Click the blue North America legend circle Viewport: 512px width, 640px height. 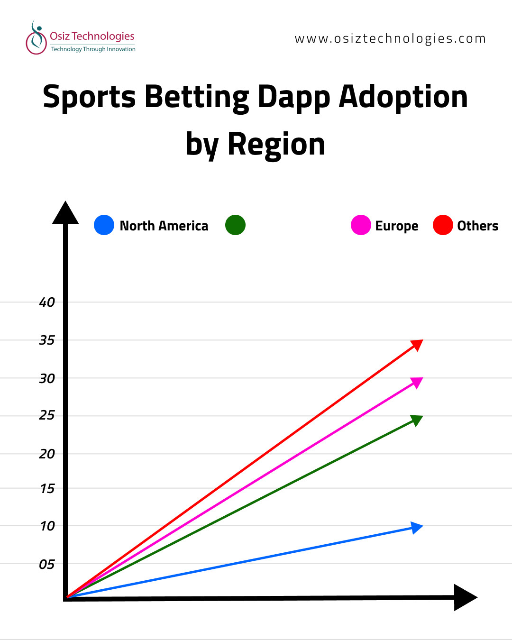pyautogui.click(x=104, y=225)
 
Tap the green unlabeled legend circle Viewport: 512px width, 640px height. pyautogui.click(x=236, y=225)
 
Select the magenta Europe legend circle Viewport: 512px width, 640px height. pyautogui.click(x=361, y=225)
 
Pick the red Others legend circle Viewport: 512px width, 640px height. pyautogui.click(x=443, y=225)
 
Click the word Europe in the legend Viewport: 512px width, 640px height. pyautogui.click(x=397, y=226)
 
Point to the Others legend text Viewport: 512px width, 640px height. pyautogui.click(x=477, y=226)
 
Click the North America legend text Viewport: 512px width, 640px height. pyautogui.click(x=164, y=226)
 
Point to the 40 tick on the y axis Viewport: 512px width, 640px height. pyautogui.click(x=47, y=302)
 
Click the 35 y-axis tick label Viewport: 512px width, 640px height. pyautogui.click(x=47, y=340)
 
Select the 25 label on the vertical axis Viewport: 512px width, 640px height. pyautogui.click(x=47, y=415)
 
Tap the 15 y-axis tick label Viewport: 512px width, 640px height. pyautogui.click(x=47, y=489)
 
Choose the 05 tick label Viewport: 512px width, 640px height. pyautogui.click(x=47, y=565)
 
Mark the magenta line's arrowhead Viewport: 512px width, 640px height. pyautogui.click(x=418, y=382)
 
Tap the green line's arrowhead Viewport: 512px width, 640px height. pyautogui.click(x=417, y=420)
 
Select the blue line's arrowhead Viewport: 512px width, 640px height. pyautogui.click(x=417, y=528)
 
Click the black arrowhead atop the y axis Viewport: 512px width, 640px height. pyautogui.click(x=65, y=213)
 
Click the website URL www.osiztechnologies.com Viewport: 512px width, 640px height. pyautogui.click(x=390, y=39)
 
